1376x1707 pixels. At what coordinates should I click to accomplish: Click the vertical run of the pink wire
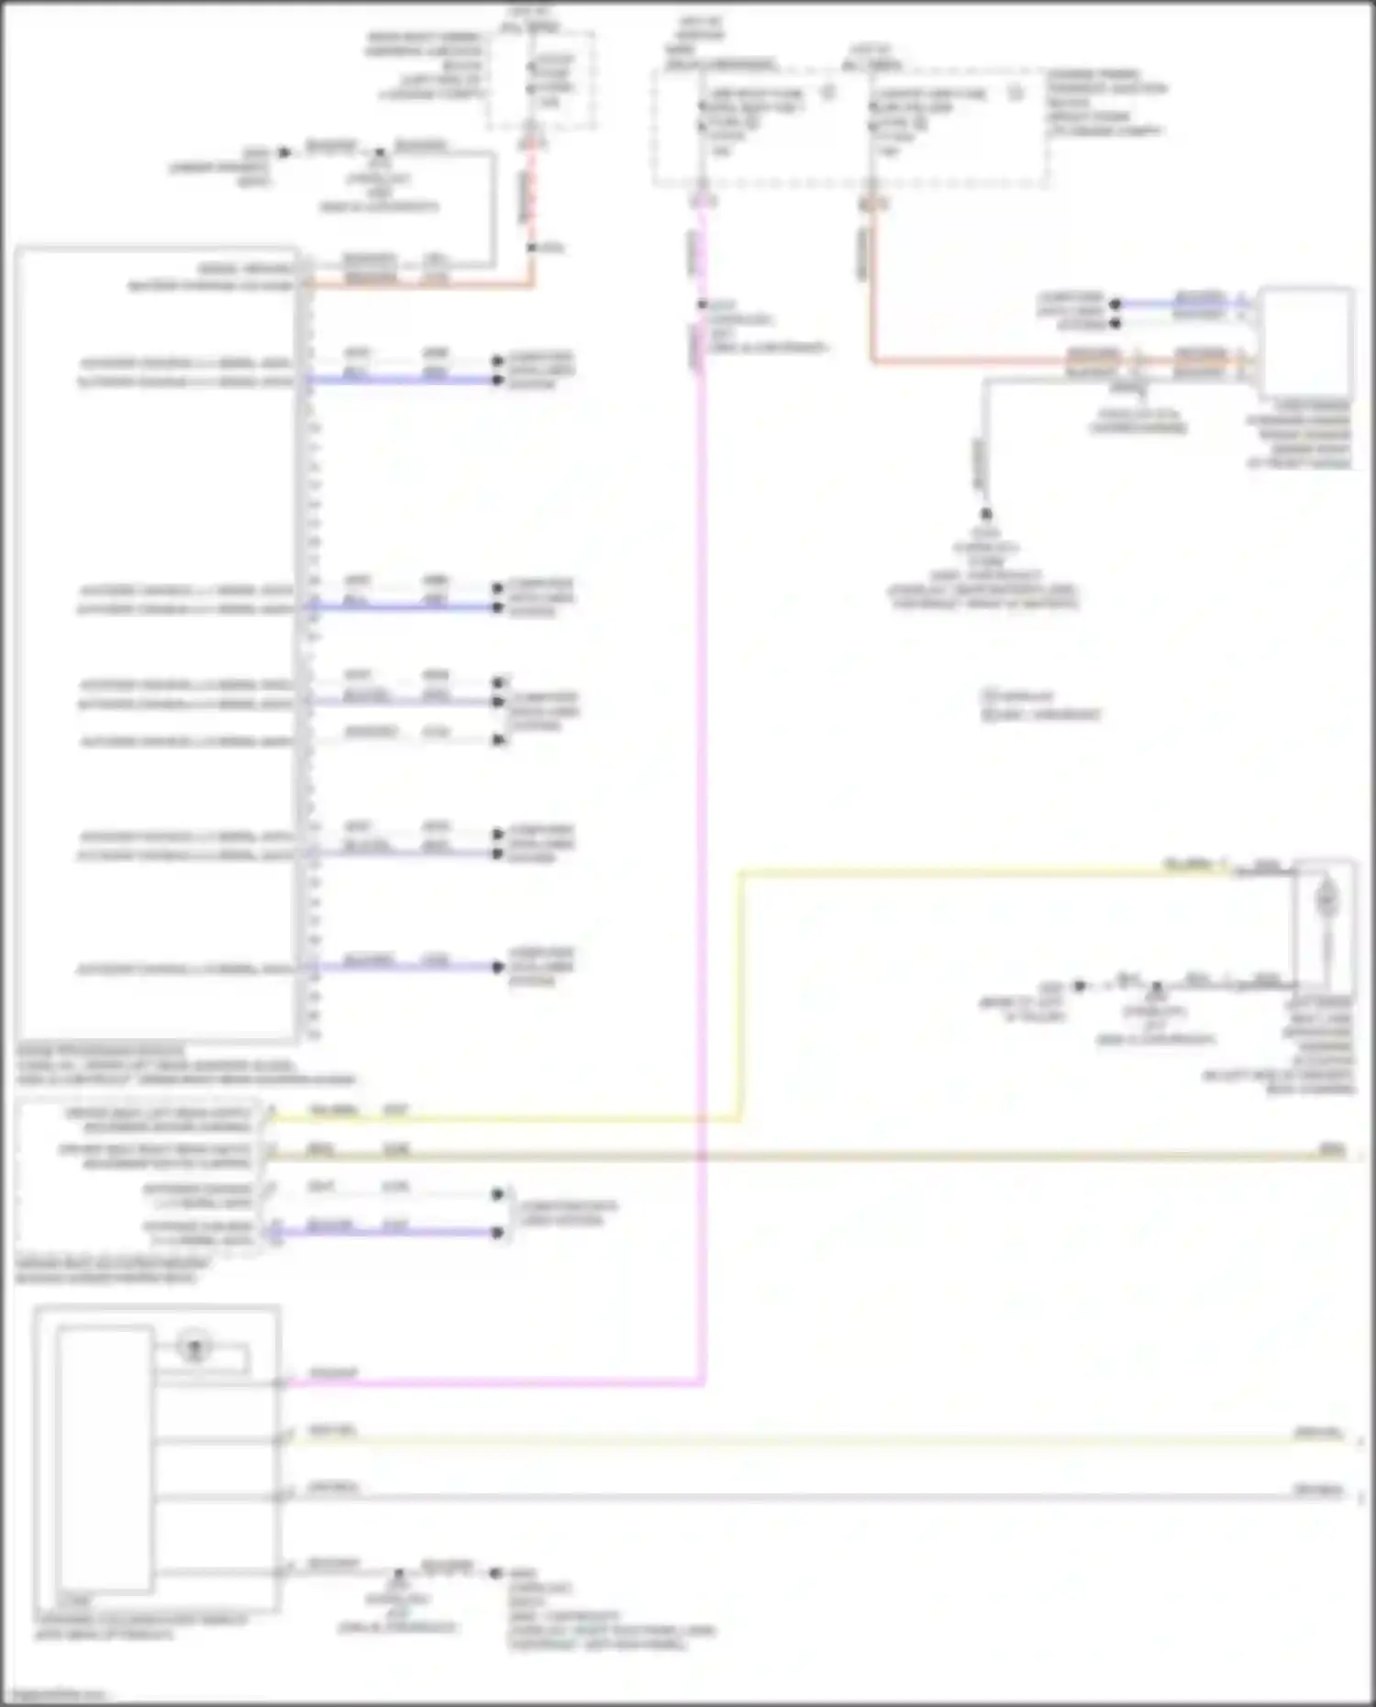tap(702, 826)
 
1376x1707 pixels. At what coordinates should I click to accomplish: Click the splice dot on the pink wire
tap(702, 305)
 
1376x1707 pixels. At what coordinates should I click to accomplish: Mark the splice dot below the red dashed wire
tap(531, 248)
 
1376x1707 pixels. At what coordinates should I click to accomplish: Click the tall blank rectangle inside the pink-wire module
tap(105, 1458)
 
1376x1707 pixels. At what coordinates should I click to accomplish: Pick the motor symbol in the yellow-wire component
tap(1326, 900)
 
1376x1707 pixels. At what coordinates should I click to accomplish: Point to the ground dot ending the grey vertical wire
tap(986, 514)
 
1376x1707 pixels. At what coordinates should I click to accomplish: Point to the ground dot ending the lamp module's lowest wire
tap(495, 1574)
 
